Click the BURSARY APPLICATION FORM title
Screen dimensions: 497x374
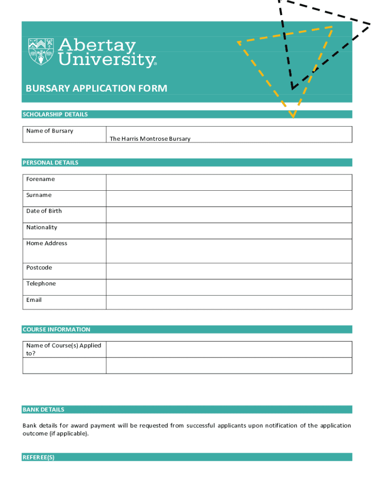pyautogui.click(x=96, y=88)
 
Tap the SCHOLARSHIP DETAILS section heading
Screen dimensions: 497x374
pyautogui.click(x=55, y=115)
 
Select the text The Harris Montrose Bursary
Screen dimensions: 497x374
pyautogui.click(x=150, y=139)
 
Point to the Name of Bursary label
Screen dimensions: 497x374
pyautogui.click(x=50, y=131)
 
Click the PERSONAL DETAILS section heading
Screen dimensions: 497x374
pyautogui.click(x=50, y=163)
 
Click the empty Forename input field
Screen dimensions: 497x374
pyautogui.click(x=229, y=182)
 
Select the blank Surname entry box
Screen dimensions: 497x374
pyautogui.click(x=229, y=199)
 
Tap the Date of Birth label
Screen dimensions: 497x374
pyautogui.click(x=44, y=211)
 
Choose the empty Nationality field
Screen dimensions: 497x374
pyautogui.click(x=229, y=231)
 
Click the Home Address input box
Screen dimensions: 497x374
pyautogui.click(x=229, y=251)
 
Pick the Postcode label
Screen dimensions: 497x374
pyautogui.click(x=39, y=268)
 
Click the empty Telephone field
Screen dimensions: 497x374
pyautogui.click(x=229, y=287)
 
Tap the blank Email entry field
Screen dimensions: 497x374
pyautogui.click(x=229, y=302)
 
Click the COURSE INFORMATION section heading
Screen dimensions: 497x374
pyautogui.click(x=56, y=330)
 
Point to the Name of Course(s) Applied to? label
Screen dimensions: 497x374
pyautogui.click(x=63, y=349)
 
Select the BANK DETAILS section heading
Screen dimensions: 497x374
pyautogui.click(x=43, y=410)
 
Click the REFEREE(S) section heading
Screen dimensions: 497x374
pyautogui.click(x=38, y=457)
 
